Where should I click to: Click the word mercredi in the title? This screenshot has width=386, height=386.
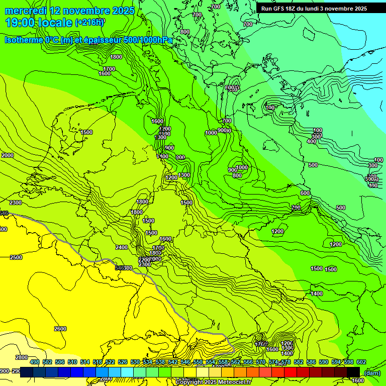[26, 11]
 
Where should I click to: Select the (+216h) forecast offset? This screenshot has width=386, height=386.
[90, 23]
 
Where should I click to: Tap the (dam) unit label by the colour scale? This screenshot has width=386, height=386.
[372, 372]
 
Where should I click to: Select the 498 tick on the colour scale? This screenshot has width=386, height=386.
[35, 362]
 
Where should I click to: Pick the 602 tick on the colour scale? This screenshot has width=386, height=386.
[361, 362]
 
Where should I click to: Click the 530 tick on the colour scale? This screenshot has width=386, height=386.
[135, 362]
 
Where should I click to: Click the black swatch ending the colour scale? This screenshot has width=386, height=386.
[353, 371]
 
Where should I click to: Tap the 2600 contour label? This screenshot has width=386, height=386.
[60, 329]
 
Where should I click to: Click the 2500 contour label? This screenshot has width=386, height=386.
[16, 257]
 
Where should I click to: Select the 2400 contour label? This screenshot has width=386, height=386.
[121, 247]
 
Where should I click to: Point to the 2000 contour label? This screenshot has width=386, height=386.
[8, 155]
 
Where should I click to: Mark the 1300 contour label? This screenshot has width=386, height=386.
[184, 175]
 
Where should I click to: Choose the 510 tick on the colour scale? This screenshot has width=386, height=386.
[72, 362]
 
